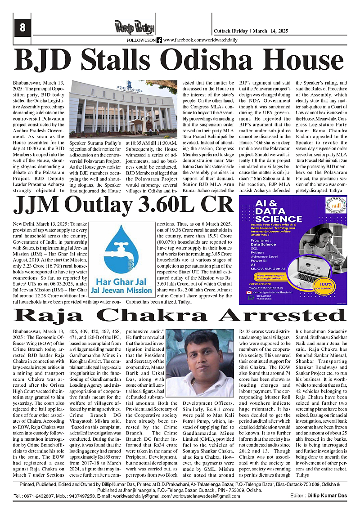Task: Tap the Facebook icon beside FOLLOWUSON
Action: (x=159, y=40)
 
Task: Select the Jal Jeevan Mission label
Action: (x=124, y=291)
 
